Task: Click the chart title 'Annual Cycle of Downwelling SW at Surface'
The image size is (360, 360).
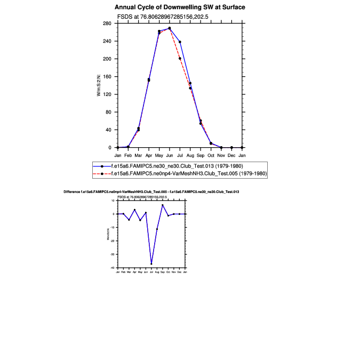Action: click(x=180, y=7)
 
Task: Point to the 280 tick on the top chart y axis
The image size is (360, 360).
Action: click(x=107, y=23)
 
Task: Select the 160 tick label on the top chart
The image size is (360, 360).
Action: click(x=107, y=77)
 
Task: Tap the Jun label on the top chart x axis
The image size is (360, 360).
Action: click(x=169, y=155)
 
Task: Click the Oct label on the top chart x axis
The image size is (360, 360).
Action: click(x=211, y=155)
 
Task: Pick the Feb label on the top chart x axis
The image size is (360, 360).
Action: click(x=128, y=155)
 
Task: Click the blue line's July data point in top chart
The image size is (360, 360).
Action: click(x=180, y=42)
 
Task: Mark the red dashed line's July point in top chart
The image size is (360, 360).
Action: click(x=180, y=58)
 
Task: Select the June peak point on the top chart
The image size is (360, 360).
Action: click(x=170, y=28)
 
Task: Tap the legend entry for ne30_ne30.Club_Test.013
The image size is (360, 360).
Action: click(x=177, y=166)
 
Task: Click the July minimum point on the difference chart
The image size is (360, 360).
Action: click(x=151, y=263)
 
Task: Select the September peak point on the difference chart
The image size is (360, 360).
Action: click(x=163, y=205)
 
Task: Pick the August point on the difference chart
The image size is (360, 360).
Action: click(x=157, y=229)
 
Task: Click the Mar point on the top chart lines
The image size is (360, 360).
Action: click(x=138, y=129)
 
